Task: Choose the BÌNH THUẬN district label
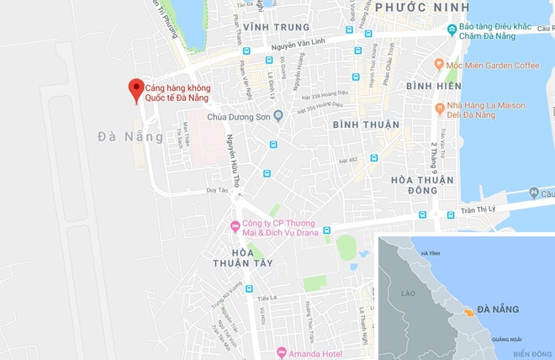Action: (x=366, y=124)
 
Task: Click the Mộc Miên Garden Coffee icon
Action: (x=439, y=64)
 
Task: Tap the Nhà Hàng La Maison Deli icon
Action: (x=439, y=108)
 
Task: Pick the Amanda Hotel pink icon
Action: (x=281, y=352)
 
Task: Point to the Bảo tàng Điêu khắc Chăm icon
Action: (x=452, y=31)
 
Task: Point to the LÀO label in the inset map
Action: (x=409, y=294)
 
